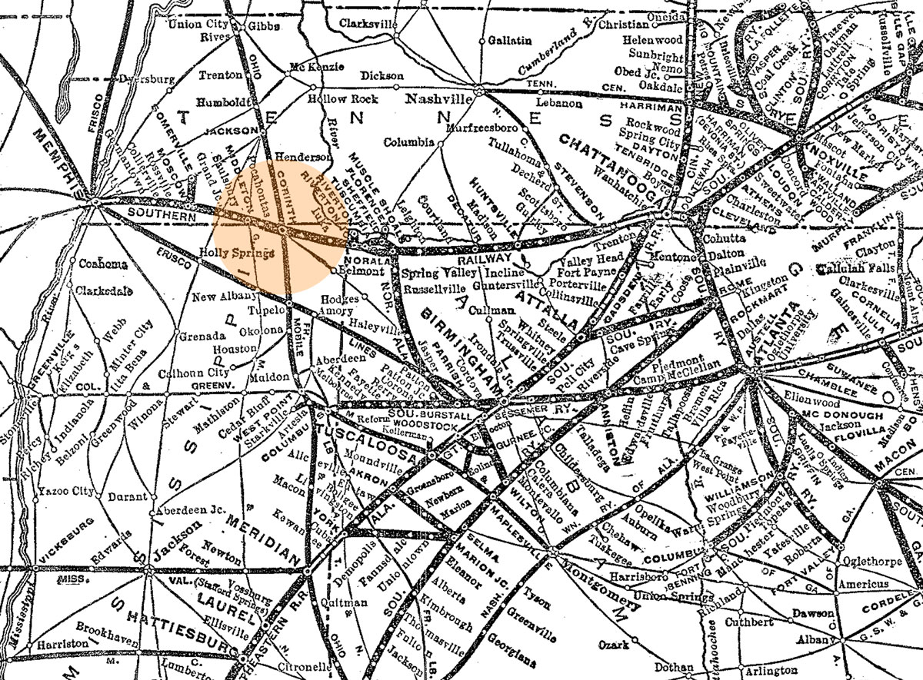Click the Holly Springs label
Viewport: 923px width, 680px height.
coord(236,252)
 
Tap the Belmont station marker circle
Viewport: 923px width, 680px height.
coord(332,270)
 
